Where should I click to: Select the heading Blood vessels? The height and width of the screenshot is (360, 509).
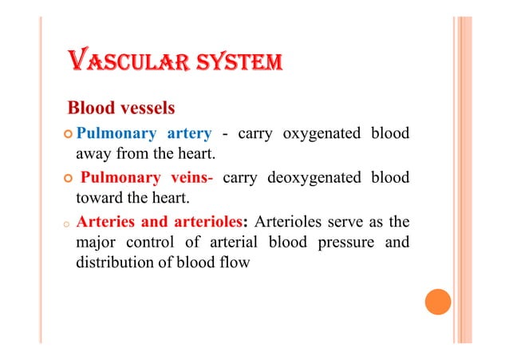[x=121, y=107]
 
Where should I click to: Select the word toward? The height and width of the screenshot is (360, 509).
[x=99, y=198]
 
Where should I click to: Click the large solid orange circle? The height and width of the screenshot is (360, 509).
[x=437, y=301]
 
